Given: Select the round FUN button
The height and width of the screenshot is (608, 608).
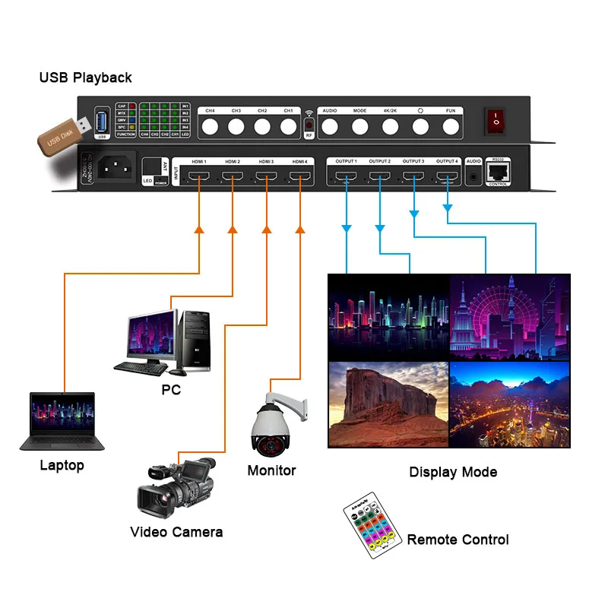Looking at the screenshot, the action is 451,126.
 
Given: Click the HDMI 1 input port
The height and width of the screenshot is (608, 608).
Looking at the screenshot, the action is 199,179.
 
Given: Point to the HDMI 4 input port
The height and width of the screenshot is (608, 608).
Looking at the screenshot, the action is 300,179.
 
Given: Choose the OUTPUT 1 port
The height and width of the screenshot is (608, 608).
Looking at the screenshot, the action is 346,179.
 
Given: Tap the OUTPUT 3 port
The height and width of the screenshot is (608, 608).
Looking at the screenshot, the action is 413,179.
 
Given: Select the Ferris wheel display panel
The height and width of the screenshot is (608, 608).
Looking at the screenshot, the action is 509,316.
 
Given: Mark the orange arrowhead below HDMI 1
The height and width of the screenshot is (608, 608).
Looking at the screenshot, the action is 199,228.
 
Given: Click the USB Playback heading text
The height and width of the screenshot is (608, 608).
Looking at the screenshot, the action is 86,78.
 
